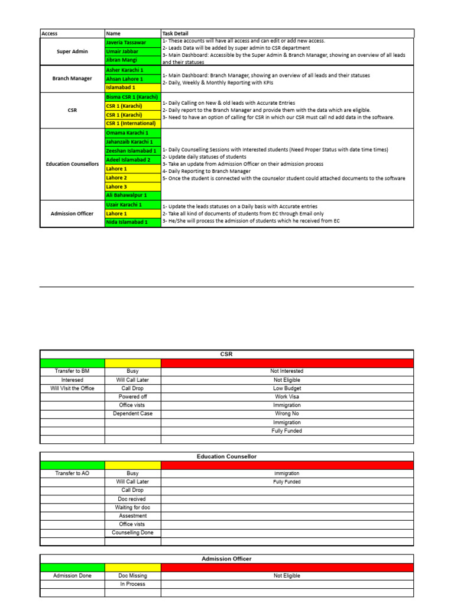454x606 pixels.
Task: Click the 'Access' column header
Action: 50,34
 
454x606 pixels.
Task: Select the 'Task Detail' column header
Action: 175,34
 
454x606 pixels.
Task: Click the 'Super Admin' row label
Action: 72,51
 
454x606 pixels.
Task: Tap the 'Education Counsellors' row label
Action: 72,164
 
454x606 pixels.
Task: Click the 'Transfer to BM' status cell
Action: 72,371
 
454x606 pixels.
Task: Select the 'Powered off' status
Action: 132,397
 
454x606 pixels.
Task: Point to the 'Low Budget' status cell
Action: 287,388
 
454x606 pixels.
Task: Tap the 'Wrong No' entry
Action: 287,414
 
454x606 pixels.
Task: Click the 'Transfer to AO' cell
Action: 72,473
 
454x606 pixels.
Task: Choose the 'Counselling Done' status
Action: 132,533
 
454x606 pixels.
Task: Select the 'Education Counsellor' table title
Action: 226,456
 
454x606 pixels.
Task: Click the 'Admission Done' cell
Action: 72,575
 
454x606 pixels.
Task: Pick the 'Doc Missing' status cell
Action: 132,575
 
